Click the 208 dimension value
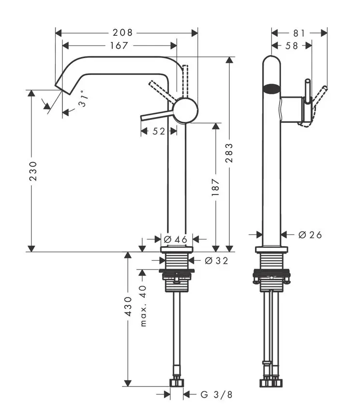[123, 32]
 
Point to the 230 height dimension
[32, 171]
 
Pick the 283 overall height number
[229, 153]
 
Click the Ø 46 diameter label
[175, 239]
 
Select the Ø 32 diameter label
[216, 261]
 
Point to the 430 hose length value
[128, 306]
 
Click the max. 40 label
[143, 305]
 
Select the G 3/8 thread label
[216, 395]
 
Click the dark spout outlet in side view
[271, 89]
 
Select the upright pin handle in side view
[307, 92]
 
